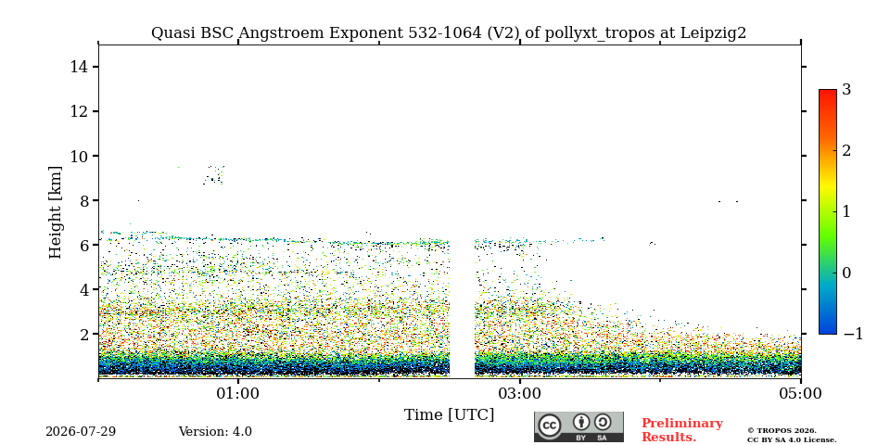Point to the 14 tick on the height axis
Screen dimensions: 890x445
click(x=80, y=67)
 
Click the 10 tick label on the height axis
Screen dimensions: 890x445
click(x=80, y=156)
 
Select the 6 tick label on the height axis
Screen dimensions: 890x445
click(x=84, y=245)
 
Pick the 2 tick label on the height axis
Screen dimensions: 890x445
click(x=84, y=335)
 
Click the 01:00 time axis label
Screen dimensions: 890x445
click(x=238, y=393)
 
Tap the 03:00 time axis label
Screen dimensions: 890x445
click(x=519, y=393)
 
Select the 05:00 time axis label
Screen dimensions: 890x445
click(x=801, y=393)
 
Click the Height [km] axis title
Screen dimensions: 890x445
click(x=55, y=212)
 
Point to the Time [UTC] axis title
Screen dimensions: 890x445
click(x=449, y=415)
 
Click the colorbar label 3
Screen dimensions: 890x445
click(x=846, y=90)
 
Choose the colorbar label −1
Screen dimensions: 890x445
click(x=853, y=334)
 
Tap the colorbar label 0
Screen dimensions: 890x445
click(x=846, y=273)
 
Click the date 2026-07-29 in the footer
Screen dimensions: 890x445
click(x=81, y=432)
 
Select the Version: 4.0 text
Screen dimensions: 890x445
click(x=215, y=432)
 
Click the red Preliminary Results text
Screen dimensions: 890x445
click(x=682, y=430)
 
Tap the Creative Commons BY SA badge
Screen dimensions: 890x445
click(x=578, y=426)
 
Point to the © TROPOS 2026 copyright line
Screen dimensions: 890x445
click(x=782, y=431)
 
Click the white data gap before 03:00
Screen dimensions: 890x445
click(x=462, y=307)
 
